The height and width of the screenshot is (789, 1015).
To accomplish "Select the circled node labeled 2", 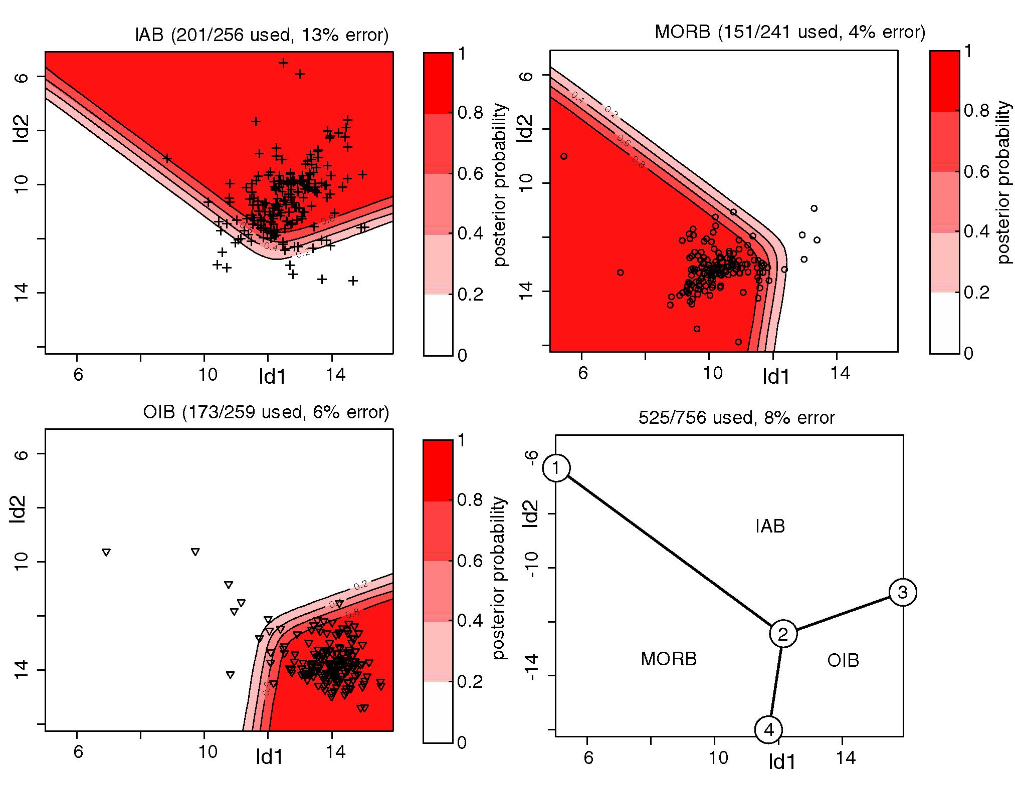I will pyautogui.click(x=783, y=634).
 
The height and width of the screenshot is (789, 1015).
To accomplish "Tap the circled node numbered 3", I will pyautogui.click(x=903, y=593).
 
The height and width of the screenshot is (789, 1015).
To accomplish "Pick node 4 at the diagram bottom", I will pyautogui.click(x=768, y=730).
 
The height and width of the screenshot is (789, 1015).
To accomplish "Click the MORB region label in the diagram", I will pyautogui.click(x=669, y=659).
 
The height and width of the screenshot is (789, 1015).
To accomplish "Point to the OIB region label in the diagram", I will pyautogui.click(x=843, y=660).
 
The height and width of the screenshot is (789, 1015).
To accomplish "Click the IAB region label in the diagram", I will pyautogui.click(x=770, y=526).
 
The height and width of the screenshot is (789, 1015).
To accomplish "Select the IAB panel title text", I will pyautogui.click(x=262, y=36).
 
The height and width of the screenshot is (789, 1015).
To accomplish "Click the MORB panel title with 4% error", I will pyautogui.click(x=789, y=32).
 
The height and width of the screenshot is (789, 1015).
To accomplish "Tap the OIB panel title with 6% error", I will pyautogui.click(x=266, y=412).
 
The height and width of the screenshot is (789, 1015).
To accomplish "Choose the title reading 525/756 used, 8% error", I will pyautogui.click(x=737, y=417).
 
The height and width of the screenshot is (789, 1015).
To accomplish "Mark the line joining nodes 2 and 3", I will pyautogui.click(x=843, y=613).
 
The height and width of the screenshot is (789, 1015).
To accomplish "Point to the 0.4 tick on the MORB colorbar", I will pyautogui.click(x=976, y=232).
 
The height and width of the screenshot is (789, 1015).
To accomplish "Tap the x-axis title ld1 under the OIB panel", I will pyautogui.click(x=270, y=757).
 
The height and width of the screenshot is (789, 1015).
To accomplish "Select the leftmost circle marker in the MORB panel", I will pyautogui.click(x=564, y=156).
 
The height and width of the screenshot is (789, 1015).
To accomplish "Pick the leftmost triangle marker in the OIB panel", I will pyautogui.click(x=106, y=553).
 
